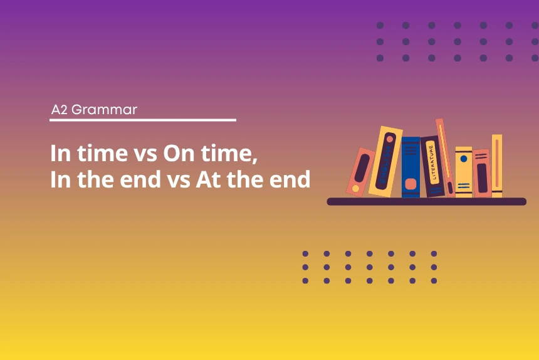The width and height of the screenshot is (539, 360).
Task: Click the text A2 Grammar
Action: tap(94, 110)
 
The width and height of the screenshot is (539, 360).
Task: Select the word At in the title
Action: tap(209, 180)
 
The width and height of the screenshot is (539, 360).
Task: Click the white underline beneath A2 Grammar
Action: tap(143, 120)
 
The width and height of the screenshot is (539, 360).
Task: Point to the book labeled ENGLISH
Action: tap(384, 162)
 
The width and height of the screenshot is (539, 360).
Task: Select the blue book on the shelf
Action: tap(411, 166)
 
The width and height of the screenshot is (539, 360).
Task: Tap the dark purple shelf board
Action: tap(426, 201)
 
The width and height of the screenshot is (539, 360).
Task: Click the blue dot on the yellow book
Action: tap(463, 159)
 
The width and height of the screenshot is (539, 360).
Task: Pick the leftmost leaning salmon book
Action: tap(360, 171)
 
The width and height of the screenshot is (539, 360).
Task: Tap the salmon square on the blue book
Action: tap(411, 184)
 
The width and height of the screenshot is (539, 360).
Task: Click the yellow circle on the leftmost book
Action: tap(355, 188)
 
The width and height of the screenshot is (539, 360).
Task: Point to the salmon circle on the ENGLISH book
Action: tap(390, 139)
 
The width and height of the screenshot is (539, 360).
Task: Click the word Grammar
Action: tap(104, 110)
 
